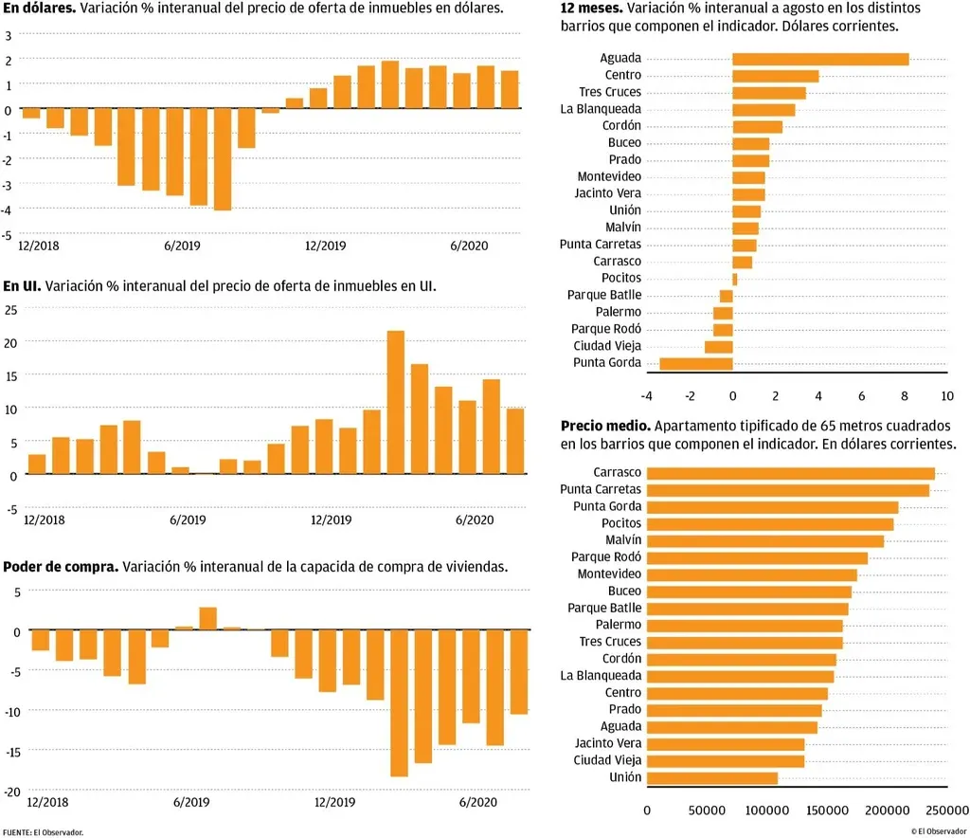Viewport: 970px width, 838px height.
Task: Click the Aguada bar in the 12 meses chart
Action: click(x=820, y=59)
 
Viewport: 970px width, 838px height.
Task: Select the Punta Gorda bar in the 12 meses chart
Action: click(x=696, y=363)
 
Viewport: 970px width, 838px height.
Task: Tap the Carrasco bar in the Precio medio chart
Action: click(x=790, y=473)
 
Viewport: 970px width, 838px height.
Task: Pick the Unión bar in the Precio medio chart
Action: click(x=712, y=777)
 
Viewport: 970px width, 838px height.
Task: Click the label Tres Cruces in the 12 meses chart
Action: click(x=610, y=92)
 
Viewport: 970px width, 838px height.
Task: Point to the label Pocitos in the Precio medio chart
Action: click(x=620, y=523)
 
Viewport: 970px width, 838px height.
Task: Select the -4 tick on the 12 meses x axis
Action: click(x=646, y=395)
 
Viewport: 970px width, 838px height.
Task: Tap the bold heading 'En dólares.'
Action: click(x=39, y=8)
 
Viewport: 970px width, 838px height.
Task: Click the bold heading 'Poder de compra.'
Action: click(x=61, y=567)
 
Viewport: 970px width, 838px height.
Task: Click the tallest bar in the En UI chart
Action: click(x=396, y=402)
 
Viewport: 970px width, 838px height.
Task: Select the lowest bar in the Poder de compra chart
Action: click(x=399, y=702)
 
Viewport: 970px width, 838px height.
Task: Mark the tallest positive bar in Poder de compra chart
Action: click(x=207, y=618)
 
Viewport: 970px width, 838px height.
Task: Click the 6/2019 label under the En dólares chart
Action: click(x=182, y=246)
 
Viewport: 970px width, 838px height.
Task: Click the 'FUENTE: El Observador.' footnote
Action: click(x=43, y=832)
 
